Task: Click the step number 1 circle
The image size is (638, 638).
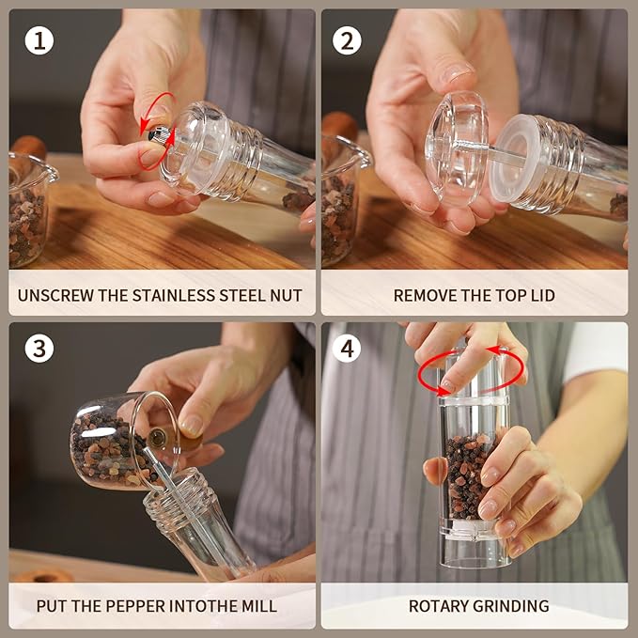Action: click(x=39, y=40)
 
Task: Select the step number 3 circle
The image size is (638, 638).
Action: click(x=39, y=349)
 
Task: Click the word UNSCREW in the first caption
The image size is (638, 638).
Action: click(x=57, y=295)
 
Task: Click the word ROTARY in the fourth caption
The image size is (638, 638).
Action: click(x=439, y=606)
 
